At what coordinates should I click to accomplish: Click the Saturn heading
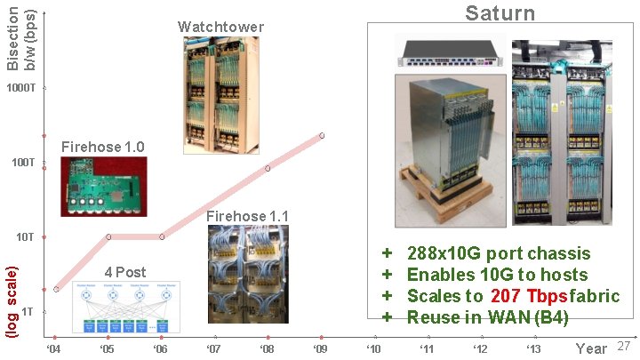click(x=500, y=12)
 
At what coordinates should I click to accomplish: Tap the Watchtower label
click(x=220, y=27)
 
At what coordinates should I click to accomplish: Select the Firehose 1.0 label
click(x=102, y=146)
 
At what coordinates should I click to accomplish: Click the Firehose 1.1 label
click(x=247, y=216)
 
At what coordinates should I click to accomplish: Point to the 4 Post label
click(x=125, y=271)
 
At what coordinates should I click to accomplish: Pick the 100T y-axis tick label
click(x=23, y=163)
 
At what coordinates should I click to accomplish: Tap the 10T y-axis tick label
click(x=25, y=237)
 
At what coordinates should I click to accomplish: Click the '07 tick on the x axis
click(x=213, y=348)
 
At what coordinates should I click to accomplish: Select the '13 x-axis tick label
click(x=533, y=348)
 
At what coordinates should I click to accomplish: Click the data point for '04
click(x=56, y=289)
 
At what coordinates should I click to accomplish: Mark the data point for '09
click(x=322, y=135)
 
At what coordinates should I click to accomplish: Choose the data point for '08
click(x=268, y=168)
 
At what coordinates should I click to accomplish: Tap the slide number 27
click(x=623, y=345)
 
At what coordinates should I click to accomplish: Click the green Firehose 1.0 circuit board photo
click(x=102, y=187)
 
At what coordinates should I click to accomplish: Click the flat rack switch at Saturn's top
click(x=450, y=52)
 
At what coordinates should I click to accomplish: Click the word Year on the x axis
click(x=591, y=348)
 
